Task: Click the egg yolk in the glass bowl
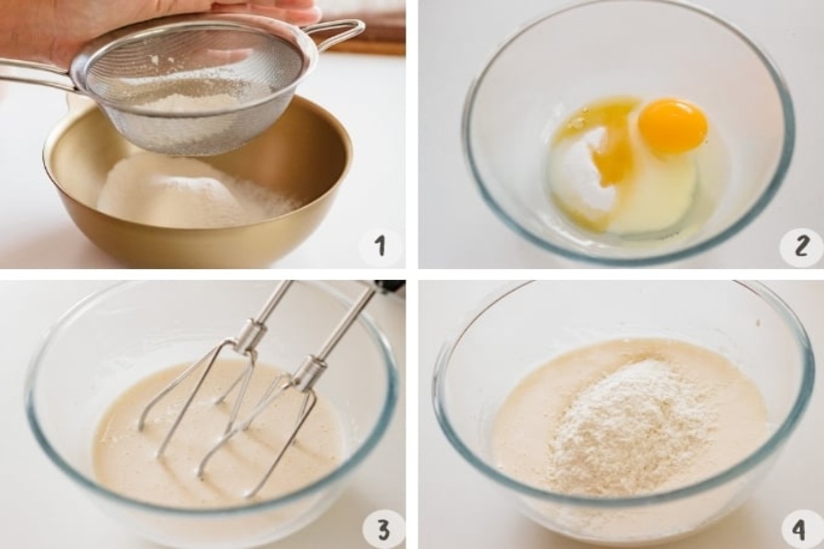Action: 673,125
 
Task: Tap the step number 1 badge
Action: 380,246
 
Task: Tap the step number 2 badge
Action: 801,246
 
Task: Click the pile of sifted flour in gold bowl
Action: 197,192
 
